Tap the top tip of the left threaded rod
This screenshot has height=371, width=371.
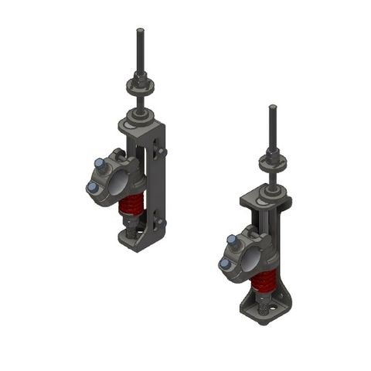tap(140, 31)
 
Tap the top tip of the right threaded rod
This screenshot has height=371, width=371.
tap(272, 107)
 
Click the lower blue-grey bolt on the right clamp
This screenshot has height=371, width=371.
tap(225, 264)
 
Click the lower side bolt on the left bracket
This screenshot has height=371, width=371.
tap(161, 223)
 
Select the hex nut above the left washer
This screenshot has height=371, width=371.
tap(140, 77)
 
